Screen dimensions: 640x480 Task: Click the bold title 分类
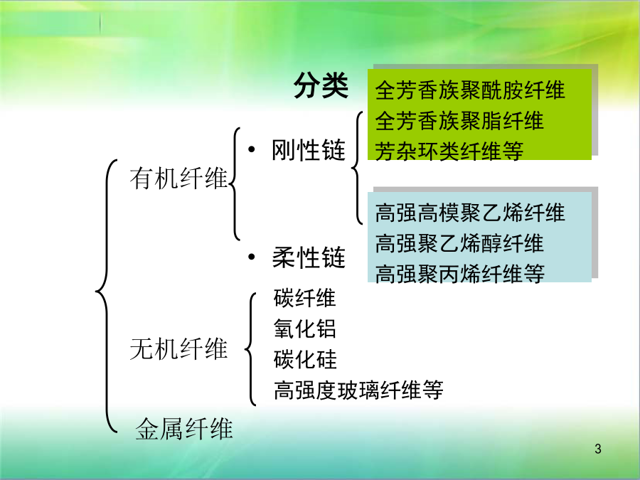tap(321, 85)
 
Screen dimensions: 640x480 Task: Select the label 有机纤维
tap(178, 178)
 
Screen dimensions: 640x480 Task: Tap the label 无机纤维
tap(178, 349)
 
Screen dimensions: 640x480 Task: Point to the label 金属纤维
tap(184, 429)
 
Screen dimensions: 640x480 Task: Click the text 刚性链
tap(309, 150)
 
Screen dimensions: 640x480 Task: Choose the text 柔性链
tap(309, 257)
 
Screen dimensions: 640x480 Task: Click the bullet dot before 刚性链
tap(252, 149)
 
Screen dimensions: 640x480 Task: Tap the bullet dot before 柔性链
tap(252, 257)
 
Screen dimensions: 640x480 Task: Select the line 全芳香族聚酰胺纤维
tap(470, 90)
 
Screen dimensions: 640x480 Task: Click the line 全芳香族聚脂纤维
tap(459, 121)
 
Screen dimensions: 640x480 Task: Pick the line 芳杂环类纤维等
tap(449, 151)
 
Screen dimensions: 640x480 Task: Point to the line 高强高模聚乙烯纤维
tap(470, 213)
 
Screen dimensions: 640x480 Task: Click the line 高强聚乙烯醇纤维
tap(459, 243)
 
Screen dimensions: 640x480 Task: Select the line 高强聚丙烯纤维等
tap(459, 274)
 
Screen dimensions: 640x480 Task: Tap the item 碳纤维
tap(305, 297)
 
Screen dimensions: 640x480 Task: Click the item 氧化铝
tap(305, 328)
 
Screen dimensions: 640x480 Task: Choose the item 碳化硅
tap(305, 359)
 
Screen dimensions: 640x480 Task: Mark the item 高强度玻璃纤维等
tap(358, 390)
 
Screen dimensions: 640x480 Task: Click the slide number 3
tap(598, 449)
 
